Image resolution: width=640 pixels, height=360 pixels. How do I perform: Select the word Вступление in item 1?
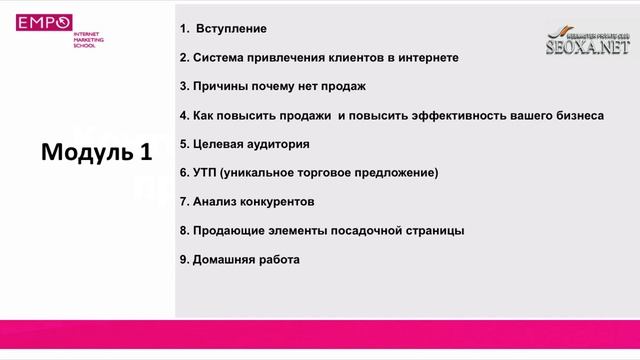tap(232, 28)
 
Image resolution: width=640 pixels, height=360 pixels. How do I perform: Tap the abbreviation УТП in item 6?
tap(205, 173)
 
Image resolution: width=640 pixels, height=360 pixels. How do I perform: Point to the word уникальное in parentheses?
tap(262, 173)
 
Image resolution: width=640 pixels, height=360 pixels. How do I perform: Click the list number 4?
tap(184, 115)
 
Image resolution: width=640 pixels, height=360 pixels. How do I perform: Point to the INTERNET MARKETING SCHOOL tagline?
tap(89, 39)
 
